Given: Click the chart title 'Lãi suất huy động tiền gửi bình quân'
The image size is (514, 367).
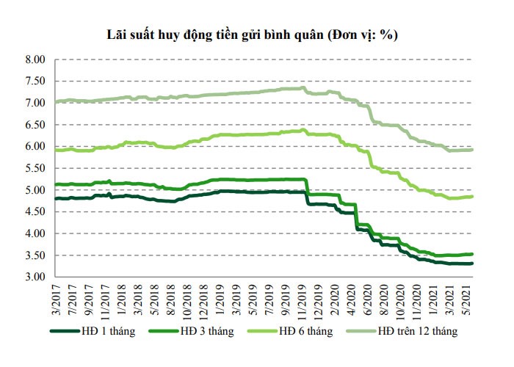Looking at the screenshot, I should point(212,34).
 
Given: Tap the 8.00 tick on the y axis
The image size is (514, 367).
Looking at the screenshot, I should point(35,59).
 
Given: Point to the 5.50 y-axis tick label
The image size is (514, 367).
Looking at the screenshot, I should point(35,168).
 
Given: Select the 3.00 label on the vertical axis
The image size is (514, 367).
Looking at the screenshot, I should point(35,277).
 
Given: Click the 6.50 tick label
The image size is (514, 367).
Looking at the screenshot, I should point(35,125).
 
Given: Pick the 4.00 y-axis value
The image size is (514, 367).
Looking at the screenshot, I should point(35,233).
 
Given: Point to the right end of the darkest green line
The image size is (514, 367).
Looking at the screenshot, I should point(472,264).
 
